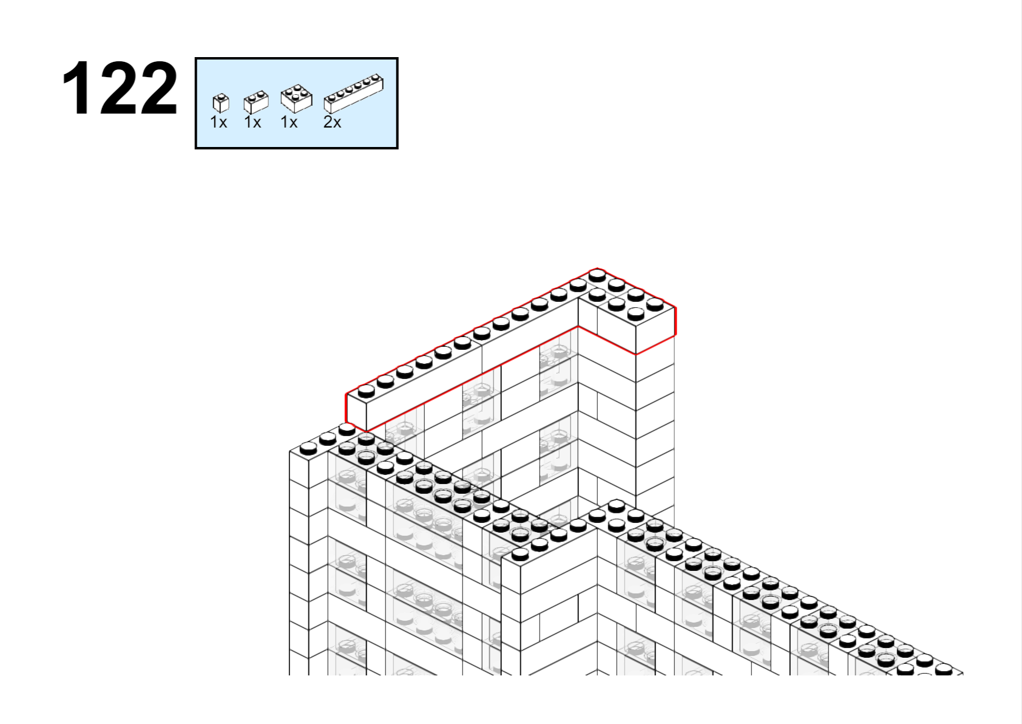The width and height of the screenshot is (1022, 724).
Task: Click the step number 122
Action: click(120, 88)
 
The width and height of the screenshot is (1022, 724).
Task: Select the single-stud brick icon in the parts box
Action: click(221, 103)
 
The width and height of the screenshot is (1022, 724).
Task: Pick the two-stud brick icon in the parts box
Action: click(256, 102)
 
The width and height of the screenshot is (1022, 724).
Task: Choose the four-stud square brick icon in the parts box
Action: click(297, 98)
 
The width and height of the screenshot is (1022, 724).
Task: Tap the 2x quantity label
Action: click(332, 122)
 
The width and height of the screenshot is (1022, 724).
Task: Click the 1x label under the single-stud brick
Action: click(218, 122)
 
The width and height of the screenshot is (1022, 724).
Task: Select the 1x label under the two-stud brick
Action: click(252, 122)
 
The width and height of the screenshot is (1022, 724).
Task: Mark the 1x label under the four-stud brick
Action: click(289, 122)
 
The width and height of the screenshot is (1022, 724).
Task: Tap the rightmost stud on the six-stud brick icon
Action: click(375, 77)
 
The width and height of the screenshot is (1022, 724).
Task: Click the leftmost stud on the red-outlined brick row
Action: click(366, 391)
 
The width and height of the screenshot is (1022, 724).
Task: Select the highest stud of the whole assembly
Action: click(597, 275)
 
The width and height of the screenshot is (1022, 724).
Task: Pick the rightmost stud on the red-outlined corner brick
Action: click(655, 304)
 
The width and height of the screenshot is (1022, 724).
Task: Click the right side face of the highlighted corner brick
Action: click(655, 330)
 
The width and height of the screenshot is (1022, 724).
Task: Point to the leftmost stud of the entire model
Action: click(308, 449)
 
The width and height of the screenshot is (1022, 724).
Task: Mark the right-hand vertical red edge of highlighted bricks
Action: click(675, 322)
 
